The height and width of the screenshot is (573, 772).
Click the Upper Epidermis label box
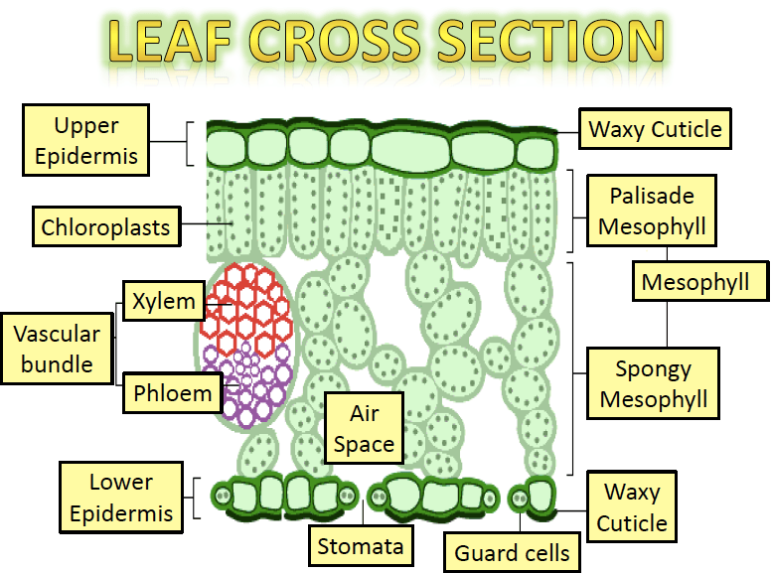(85, 140)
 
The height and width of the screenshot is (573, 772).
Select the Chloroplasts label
(106, 227)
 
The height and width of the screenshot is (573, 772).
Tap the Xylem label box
(164, 301)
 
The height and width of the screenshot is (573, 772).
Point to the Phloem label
(172, 393)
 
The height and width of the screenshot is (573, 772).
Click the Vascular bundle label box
(57, 349)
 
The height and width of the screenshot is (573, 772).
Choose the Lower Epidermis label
(121, 498)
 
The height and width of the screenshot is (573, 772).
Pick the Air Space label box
(364, 428)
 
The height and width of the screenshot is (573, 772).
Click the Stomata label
(361, 545)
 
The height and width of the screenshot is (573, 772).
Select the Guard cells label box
(512, 552)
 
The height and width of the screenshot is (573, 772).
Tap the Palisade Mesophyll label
(652, 211)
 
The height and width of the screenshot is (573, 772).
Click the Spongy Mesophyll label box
(653, 383)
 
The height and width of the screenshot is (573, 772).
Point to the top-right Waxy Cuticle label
(655, 129)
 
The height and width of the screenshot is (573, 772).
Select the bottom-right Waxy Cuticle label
(632, 506)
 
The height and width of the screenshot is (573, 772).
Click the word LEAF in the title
(169, 42)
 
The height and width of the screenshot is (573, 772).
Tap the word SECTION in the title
(551, 42)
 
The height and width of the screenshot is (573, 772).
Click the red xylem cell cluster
(248, 308)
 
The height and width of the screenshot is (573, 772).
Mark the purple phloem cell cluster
(246, 384)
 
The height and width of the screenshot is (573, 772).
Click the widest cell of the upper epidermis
(410, 150)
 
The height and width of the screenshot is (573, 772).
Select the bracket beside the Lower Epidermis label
(196, 498)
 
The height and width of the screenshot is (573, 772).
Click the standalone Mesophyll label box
(700, 282)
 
